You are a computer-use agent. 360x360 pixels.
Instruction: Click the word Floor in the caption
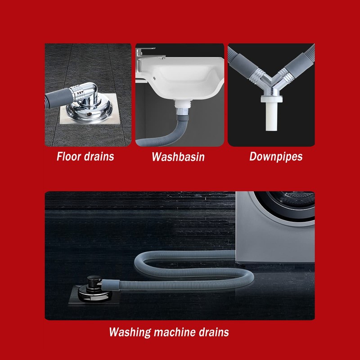(69, 157)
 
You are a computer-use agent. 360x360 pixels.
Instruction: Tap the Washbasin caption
(178, 157)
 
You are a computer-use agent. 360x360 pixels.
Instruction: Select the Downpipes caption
(276, 157)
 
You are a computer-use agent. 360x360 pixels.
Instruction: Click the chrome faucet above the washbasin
(145, 54)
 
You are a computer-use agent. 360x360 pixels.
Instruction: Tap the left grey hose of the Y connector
(245, 63)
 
